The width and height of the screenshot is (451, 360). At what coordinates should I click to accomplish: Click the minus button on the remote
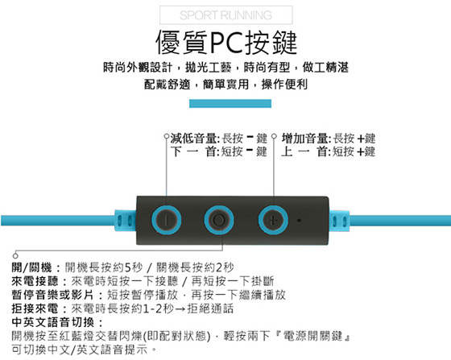click(166, 220)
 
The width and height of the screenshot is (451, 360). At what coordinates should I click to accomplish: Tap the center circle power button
click(219, 220)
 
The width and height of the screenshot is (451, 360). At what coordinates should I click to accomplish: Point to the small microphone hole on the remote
click(299, 221)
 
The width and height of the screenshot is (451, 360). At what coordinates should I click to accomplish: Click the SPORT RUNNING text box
click(226, 15)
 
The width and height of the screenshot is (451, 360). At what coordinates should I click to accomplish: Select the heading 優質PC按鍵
click(226, 43)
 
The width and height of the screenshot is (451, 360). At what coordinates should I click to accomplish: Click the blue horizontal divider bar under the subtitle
click(230, 104)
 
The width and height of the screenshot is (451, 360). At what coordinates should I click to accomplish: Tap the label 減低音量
click(194, 139)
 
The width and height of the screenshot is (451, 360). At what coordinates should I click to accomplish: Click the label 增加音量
click(305, 139)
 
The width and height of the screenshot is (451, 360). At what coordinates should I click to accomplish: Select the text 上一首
click(304, 151)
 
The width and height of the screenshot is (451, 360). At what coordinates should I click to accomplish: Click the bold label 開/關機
click(31, 267)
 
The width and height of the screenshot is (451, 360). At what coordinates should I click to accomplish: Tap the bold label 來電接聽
click(35, 281)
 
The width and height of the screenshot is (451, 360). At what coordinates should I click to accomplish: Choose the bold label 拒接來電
click(35, 308)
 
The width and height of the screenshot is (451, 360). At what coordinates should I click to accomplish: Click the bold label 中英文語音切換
click(53, 322)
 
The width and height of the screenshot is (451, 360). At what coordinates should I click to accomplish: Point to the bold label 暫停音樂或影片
click(52, 295)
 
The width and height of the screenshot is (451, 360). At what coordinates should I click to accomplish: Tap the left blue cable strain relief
click(126, 221)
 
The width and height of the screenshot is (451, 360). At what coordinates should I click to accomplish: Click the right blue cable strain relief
click(339, 221)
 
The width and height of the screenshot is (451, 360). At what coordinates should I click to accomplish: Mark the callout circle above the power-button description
click(15, 255)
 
